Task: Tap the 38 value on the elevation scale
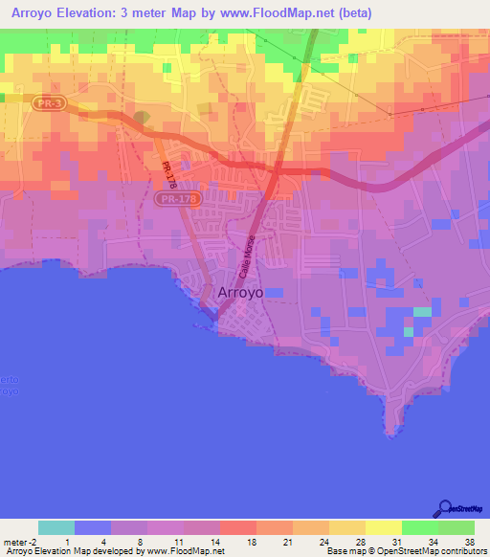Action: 469,542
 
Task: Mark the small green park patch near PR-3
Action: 142,118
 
